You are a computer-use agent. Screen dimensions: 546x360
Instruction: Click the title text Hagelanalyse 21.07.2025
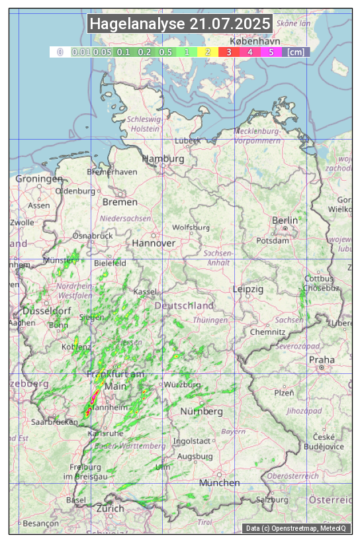tap(180, 24)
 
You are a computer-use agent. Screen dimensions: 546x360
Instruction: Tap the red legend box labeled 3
tap(228, 52)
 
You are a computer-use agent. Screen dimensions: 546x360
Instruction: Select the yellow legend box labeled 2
tap(208, 52)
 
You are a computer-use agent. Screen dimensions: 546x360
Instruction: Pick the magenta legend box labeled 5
tap(271, 52)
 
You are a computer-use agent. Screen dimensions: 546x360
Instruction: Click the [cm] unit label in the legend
tap(296, 52)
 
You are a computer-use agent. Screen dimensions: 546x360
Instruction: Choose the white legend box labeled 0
tap(60, 52)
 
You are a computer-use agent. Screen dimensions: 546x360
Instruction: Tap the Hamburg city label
tap(163, 159)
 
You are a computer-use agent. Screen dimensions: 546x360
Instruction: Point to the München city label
tap(219, 482)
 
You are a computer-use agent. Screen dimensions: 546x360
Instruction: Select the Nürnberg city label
tap(202, 411)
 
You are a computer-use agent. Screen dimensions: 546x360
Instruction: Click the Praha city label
tap(322, 359)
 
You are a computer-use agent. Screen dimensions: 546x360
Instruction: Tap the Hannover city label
tap(154, 243)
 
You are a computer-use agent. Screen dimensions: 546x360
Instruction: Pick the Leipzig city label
tap(248, 289)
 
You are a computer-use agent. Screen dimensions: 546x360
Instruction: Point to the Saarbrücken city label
tap(56, 422)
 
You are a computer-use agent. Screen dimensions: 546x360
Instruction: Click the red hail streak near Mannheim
tap(90, 404)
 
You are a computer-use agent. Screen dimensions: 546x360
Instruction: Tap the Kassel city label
tap(144, 292)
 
